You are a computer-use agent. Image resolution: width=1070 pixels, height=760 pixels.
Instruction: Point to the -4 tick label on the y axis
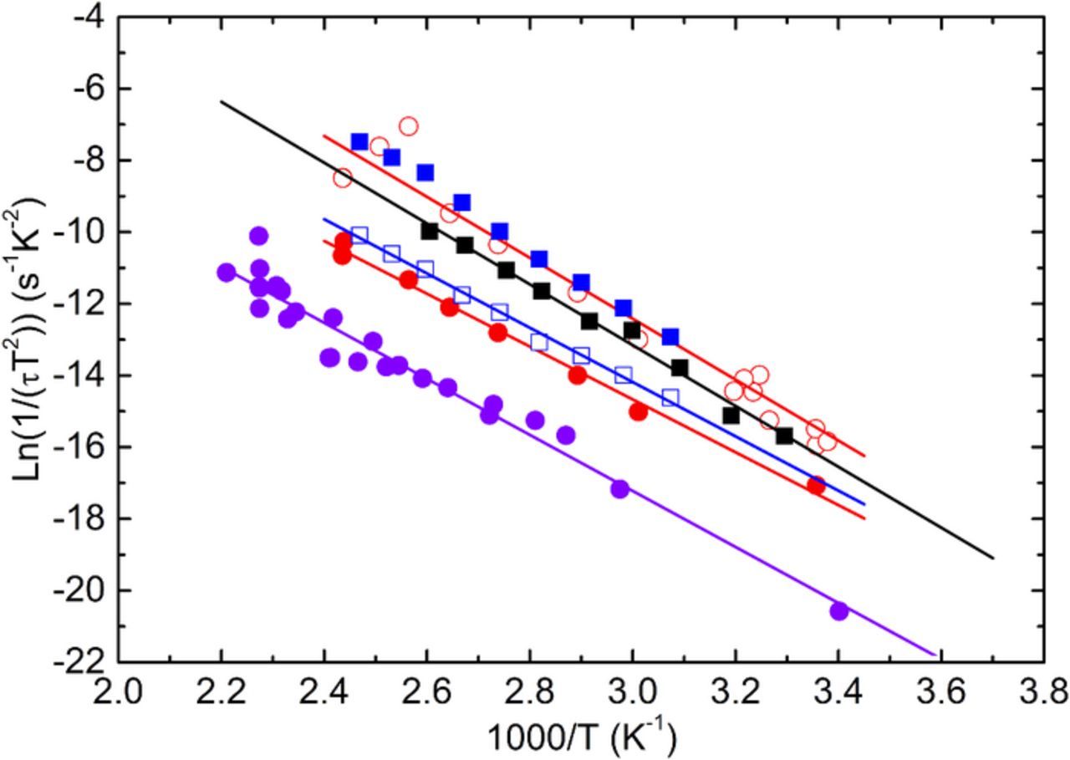point(90,17)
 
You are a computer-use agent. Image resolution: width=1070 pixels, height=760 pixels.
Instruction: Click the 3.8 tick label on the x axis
point(1043,694)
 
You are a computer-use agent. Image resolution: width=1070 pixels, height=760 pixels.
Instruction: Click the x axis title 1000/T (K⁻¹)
point(580,737)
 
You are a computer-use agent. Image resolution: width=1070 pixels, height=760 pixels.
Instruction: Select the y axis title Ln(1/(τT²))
point(29,338)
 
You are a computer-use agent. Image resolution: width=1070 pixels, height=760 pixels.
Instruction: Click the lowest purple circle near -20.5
point(838,611)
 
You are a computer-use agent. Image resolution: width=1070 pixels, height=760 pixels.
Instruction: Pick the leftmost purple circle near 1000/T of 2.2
point(226,272)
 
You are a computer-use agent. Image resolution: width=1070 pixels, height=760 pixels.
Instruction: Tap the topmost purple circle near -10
point(258,236)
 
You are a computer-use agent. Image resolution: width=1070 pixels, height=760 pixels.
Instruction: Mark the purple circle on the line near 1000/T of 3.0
point(619,489)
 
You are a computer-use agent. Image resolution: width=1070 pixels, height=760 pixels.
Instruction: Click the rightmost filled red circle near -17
point(816,485)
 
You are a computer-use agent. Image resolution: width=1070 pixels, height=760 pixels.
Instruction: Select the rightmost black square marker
point(784,436)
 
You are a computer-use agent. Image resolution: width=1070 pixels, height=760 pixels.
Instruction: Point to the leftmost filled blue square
point(359,141)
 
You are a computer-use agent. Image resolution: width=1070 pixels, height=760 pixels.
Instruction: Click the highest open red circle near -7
point(408,126)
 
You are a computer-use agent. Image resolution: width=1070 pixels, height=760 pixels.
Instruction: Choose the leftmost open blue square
point(359,235)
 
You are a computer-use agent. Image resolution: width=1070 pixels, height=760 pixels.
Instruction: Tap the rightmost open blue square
point(670,397)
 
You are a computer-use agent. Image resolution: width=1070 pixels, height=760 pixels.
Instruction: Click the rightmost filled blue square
point(670,337)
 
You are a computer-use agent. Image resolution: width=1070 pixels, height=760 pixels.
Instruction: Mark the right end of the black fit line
point(993,558)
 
